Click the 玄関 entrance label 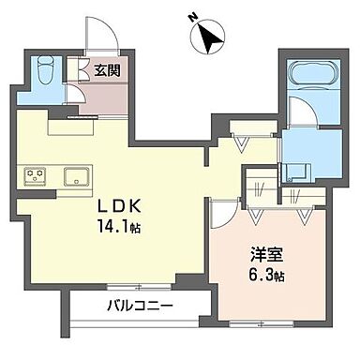point(104,68)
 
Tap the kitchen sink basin point(74,175)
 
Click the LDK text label point(120,205)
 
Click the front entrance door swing point(99,37)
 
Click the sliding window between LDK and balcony point(134,285)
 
